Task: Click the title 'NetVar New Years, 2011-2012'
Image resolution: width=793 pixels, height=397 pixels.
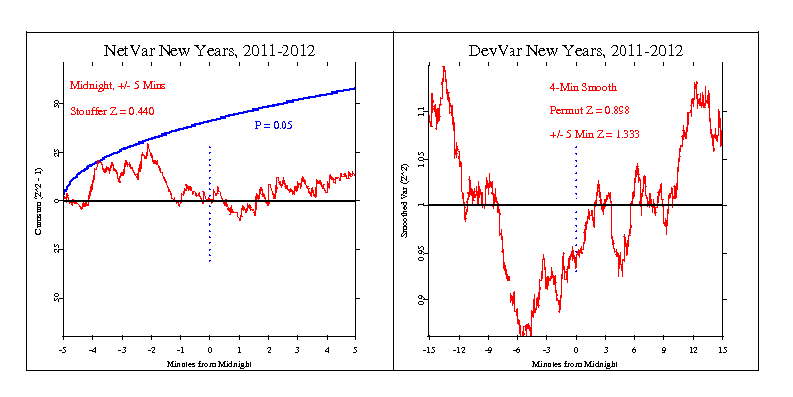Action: pos(209,50)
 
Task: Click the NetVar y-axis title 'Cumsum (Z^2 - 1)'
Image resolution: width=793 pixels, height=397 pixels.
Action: pos(41,201)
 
